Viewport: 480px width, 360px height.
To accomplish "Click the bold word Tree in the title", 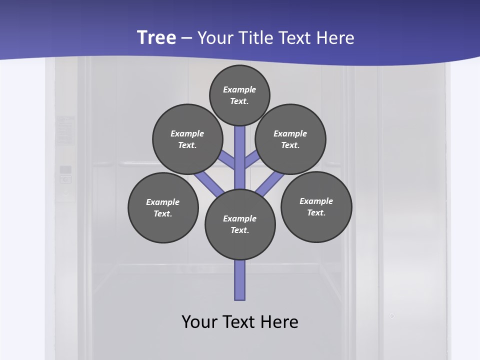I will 156,38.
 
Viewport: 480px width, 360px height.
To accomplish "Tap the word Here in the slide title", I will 334,38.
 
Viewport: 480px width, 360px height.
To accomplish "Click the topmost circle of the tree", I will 239,95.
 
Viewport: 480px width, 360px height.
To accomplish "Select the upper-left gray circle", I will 187,139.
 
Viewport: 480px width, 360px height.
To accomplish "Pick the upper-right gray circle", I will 290,139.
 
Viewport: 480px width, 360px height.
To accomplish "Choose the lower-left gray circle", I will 163,207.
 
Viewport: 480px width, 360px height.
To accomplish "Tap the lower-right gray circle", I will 316,206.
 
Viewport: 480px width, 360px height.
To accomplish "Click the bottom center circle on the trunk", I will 240,224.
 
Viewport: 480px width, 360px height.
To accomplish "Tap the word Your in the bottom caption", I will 199,321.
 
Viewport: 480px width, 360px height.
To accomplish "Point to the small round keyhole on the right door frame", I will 392,316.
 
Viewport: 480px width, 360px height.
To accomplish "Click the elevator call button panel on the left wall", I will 65,174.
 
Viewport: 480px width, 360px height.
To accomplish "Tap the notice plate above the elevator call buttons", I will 65,130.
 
